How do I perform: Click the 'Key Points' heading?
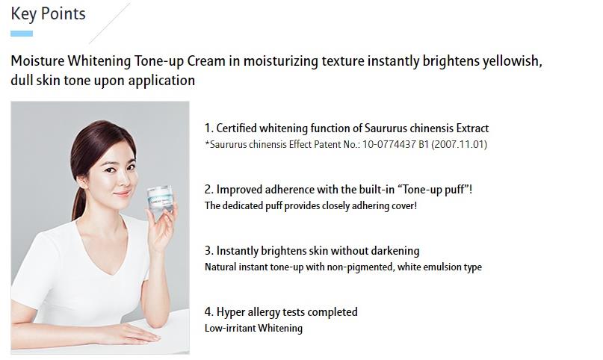[x=48, y=14]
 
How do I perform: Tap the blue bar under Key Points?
[x=22, y=34]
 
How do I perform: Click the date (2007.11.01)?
[x=460, y=144]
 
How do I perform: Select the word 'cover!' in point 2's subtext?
[x=404, y=205]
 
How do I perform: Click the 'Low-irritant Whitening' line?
[x=253, y=329]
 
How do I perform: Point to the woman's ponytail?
[x=78, y=202]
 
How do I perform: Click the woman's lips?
[x=122, y=193]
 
